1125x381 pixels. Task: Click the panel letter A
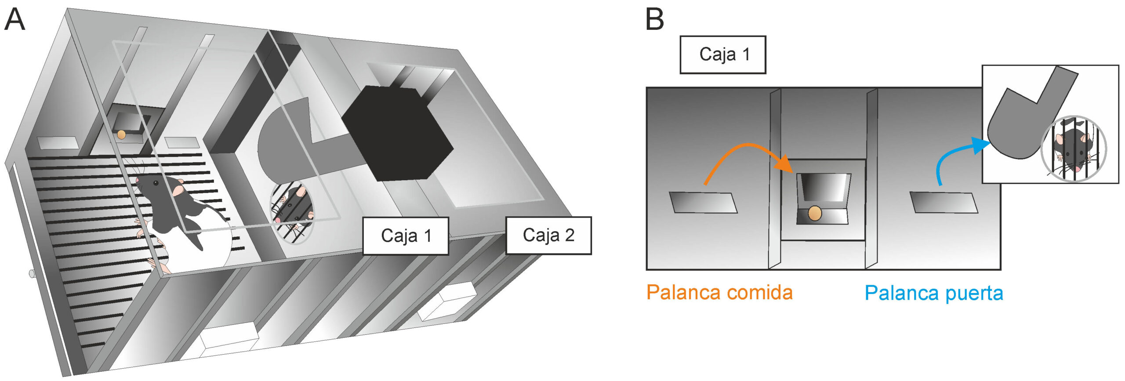click(x=15, y=20)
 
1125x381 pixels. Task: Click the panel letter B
click(x=654, y=20)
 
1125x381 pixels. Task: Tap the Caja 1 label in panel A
click(x=405, y=236)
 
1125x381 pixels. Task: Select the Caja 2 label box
click(x=548, y=236)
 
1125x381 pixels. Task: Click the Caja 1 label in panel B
click(x=723, y=54)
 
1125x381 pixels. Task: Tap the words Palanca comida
click(x=719, y=293)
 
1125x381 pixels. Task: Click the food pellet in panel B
click(x=815, y=213)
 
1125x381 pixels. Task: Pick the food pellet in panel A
click(x=121, y=134)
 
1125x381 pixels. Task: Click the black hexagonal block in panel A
click(x=396, y=132)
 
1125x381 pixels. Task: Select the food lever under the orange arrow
click(x=703, y=202)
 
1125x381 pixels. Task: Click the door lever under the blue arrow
click(x=943, y=202)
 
